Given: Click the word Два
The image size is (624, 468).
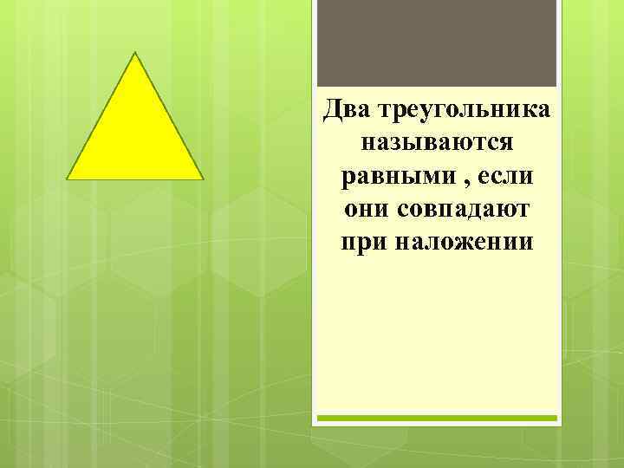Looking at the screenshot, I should coord(345,111).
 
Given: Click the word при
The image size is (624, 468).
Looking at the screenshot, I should coord(364,241).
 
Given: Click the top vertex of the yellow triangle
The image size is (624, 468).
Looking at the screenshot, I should coord(136,54).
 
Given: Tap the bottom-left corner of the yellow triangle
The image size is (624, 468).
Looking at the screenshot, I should coord(68,179).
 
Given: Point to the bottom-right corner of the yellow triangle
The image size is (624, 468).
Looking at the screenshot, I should coord(203,179).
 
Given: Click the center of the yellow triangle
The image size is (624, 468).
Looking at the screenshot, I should coord(136,137).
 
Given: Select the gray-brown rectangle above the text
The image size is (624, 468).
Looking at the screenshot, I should coord(437,43).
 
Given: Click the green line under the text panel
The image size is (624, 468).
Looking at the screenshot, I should coord(437,418).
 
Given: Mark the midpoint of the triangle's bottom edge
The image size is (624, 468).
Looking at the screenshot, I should coord(136,179).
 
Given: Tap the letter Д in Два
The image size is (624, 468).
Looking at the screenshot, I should coord(330,111).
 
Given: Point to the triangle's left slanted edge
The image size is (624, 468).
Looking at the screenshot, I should coord(101,116).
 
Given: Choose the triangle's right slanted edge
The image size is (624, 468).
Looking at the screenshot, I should coord(170,116).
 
